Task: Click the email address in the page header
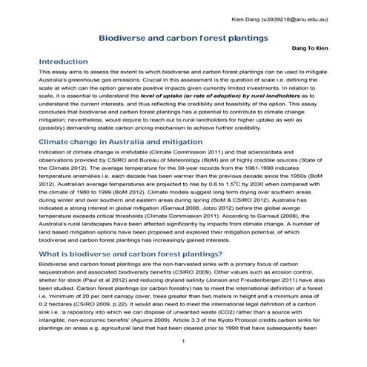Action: pos(305,16)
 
